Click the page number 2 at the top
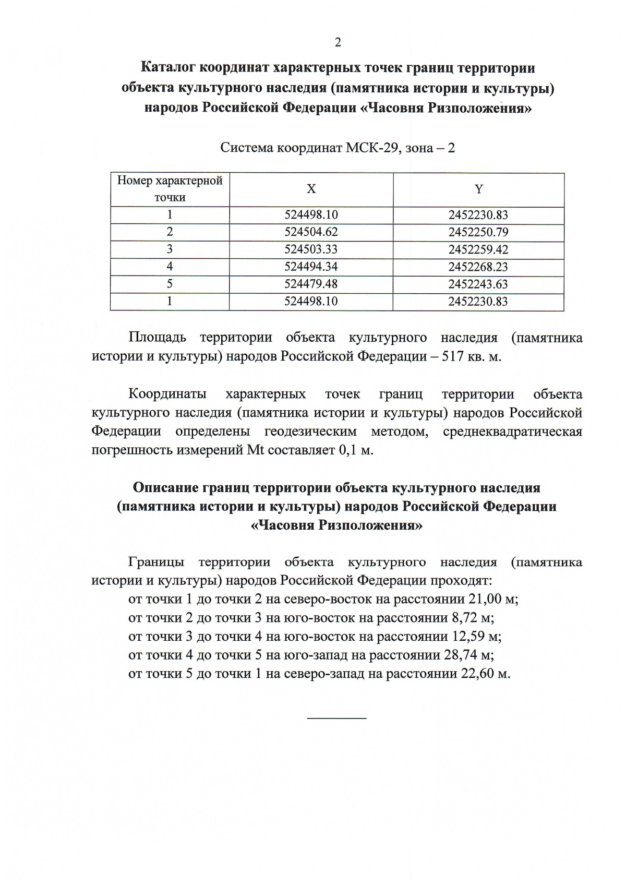pyautogui.click(x=338, y=43)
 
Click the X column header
pyautogui.click(x=311, y=189)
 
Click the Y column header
pyautogui.click(x=478, y=189)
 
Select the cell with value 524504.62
pyautogui.click(x=311, y=232)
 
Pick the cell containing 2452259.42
pyautogui.click(x=478, y=249)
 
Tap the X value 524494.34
pyautogui.click(x=311, y=267)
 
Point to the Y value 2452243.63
pyautogui.click(x=478, y=284)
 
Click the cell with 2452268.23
pyautogui.click(x=478, y=267)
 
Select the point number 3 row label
pyautogui.click(x=170, y=249)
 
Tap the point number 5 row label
pyautogui.click(x=170, y=284)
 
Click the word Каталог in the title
pyautogui.click(x=168, y=68)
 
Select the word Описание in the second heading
pyautogui.click(x=165, y=488)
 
